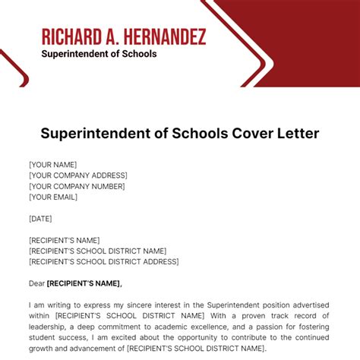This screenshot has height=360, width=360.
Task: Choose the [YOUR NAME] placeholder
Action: pyautogui.click(x=52, y=164)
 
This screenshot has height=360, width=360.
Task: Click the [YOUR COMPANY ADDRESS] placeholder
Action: pyautogui.click(x=78, y=175)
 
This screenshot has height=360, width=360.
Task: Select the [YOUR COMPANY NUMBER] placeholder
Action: pyautogui.click(x=77, y=186)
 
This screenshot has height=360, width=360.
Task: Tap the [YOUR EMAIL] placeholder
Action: pyautogui.click(x=53, y=197)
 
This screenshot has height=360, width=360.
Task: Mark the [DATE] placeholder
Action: pyautogui.click(x=41, y=218)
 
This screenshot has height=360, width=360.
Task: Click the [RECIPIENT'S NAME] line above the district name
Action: pyautogui.click(x=65, y=240)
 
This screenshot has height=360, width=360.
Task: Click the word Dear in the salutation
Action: pyautogui.click(x=36, y=283)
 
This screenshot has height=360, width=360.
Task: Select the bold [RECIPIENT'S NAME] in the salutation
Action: pyautogui.click(x=84, y=283)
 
